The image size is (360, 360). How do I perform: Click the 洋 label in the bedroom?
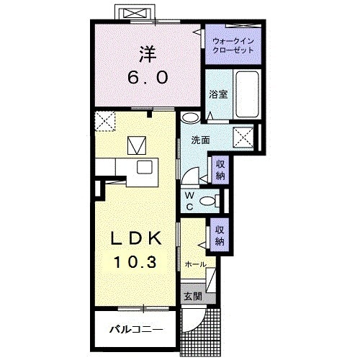148,54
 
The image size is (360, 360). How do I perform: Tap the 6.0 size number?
148,77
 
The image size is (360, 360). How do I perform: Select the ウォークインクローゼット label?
233,45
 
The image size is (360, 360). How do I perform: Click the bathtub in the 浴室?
247,94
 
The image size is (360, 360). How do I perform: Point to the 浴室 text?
218,94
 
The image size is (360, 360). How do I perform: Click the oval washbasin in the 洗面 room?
190,117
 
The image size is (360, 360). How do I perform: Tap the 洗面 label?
200,140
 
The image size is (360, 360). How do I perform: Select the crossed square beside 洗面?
243,137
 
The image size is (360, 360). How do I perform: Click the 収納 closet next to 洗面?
220,170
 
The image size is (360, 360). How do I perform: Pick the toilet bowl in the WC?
208,201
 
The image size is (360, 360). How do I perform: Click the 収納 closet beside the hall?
220,235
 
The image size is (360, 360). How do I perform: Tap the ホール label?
196,264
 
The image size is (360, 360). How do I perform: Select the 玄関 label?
193,297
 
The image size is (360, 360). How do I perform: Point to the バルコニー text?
136,330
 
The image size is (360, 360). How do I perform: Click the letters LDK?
136,239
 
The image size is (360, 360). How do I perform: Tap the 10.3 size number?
135,261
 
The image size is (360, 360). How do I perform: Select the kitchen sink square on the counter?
145,167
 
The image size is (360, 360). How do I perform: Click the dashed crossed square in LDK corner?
105,121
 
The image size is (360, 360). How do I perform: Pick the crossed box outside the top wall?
137,14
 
